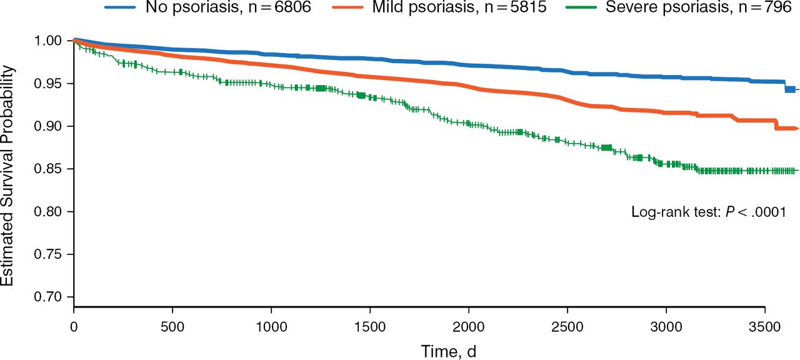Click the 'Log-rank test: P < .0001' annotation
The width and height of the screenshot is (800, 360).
707,212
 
